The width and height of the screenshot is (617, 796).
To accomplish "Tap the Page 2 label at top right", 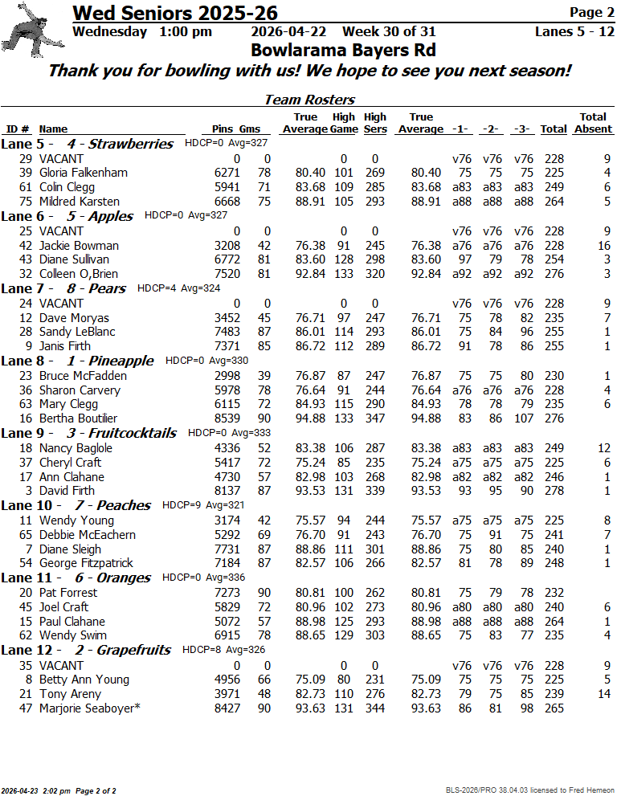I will click(591, 12).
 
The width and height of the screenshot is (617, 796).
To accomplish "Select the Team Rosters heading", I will click(309, 100).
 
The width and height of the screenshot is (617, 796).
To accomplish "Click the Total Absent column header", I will click(594, 123).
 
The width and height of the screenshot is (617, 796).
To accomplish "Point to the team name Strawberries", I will click(130, 144).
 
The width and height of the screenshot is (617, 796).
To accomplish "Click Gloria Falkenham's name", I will click(83, 173).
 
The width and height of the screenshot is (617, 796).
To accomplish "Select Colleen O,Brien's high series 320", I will click(374, 274).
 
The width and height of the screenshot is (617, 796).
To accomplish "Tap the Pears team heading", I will click(107, 288).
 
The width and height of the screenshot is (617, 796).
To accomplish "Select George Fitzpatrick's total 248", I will click(553, 563).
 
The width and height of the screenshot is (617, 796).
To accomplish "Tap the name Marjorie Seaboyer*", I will click(89, 708).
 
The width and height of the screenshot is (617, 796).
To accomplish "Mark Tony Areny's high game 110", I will click(344, 694).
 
